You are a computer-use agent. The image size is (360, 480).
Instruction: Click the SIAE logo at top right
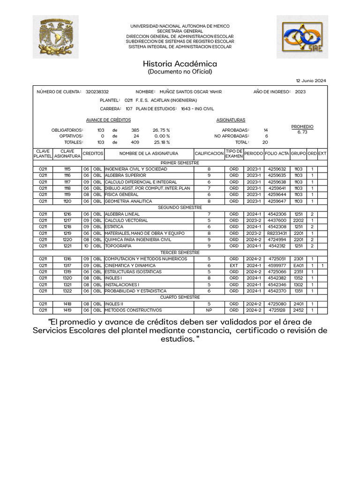pos(302,37)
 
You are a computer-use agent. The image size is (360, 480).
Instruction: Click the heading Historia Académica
pos(180,64)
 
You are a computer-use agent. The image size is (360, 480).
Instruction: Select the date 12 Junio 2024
pos(311,81)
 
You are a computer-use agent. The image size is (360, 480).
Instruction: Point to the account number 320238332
pos(97,92)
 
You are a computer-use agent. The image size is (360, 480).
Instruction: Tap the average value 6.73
pos(302,132)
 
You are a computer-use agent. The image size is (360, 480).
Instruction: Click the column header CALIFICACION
pos(209,153)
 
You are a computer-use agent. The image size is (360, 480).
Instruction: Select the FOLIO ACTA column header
pos(277,153)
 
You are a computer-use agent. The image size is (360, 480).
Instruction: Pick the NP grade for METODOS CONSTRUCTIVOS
pos(209,310)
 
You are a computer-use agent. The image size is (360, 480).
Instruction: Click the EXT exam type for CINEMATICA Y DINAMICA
pos(234,265)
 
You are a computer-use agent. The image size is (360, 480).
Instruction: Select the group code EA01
pos(299,265)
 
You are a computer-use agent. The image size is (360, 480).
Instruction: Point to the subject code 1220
pos(67,240)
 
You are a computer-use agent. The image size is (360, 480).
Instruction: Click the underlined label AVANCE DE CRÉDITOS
pos(102,120)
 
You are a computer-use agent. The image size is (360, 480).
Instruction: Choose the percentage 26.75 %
pos(161,130)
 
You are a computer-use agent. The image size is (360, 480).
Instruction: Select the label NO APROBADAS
pos(232,136)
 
